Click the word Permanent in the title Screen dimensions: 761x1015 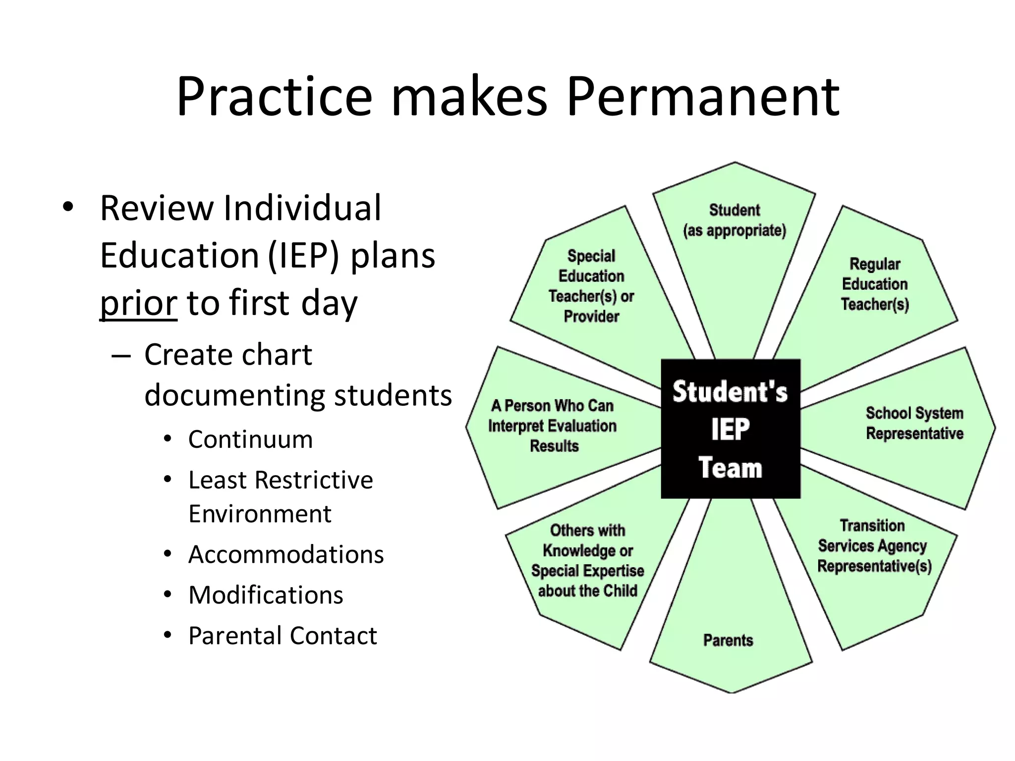coord(703,97)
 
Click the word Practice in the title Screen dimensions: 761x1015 coord(274,97)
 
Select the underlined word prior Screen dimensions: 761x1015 coord(138,303)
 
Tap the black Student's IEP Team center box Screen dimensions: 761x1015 coord(731,429)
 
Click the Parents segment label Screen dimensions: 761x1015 coord(728,640)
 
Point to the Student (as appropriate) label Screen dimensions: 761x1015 coord(734,220)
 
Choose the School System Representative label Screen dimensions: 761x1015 coord(914,423)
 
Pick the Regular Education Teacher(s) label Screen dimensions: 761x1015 coord(875,284)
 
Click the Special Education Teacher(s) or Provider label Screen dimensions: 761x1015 coord(591,286)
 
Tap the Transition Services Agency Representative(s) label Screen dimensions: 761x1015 coord(874,546)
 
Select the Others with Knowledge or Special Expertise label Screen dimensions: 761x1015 coord(588,561)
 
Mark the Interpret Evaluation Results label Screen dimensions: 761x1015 coord(553,426)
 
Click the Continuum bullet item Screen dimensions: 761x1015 coord(250,439)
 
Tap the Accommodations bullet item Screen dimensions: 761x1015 coord(286,554)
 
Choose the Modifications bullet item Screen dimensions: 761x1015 coord(266,595)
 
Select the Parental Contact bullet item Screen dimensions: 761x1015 coord(282,636)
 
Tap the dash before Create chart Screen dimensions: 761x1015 coord(121,356)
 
